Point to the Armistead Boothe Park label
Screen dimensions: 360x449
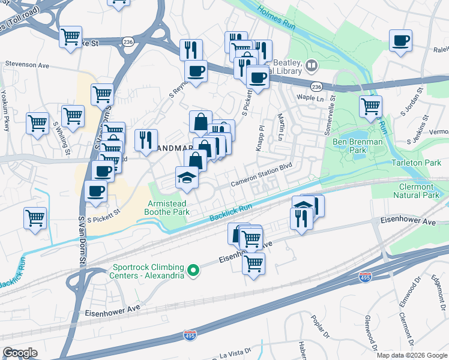point(168,208)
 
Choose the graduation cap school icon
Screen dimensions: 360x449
point(186,177)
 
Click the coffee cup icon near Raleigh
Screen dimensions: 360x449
point(400,41)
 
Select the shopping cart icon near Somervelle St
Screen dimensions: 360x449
point(370,106)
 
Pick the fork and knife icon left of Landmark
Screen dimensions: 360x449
point(146,140)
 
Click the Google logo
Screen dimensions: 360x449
point(20,352)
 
